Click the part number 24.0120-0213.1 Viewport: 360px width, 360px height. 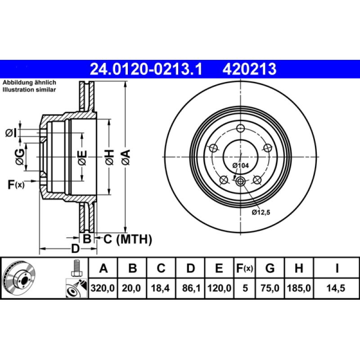(147, 69)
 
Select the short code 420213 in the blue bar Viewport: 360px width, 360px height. (249, 69)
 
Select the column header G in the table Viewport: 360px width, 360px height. (270, 269)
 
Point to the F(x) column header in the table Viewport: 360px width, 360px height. (245, 269)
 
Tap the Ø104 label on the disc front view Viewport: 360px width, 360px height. (241, 166)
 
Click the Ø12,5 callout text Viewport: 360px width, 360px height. (261, 212)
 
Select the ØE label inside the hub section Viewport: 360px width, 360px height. (82, 157)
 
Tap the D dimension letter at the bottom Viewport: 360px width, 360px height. (75, 249)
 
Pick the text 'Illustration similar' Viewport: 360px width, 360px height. (29, 90)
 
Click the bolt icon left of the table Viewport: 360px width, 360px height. (76, 269)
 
